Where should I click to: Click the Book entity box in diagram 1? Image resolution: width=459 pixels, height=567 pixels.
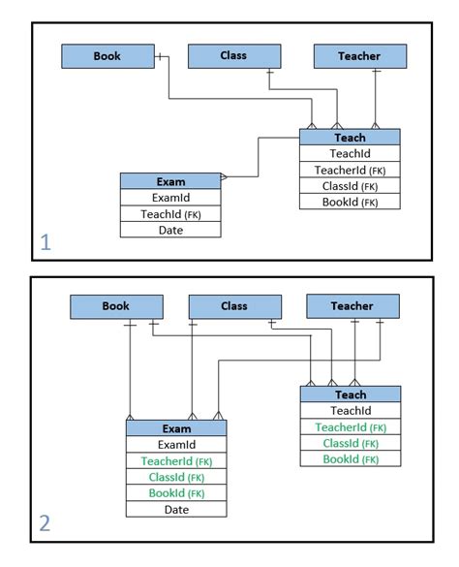tap(107, 56)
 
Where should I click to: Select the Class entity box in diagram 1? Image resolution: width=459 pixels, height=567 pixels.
tap(234, 56)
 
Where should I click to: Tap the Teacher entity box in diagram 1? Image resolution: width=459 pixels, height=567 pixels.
tap(359, 56)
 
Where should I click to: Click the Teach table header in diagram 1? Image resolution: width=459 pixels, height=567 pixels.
tap(350, 138)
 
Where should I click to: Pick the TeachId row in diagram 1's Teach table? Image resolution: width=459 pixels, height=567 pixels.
tap(350, 153)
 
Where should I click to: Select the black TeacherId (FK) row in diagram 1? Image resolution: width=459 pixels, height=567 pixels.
tap(350, 170)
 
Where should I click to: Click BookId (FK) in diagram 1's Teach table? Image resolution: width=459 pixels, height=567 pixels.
tap(350, 202)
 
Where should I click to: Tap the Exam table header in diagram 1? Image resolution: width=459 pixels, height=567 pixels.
tap(170, 181)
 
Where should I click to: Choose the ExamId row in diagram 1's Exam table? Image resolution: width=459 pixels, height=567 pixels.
tap(170, 198)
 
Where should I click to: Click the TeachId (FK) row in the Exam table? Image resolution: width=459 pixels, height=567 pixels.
tap(170, 214)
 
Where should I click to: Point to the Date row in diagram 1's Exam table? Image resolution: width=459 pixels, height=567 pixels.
tap(170, 230)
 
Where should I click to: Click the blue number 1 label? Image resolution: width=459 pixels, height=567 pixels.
tap(46, 242)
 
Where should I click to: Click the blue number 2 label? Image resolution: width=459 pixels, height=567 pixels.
tap(46, 524)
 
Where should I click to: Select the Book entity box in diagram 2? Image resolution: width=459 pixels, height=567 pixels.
tap(115, 306)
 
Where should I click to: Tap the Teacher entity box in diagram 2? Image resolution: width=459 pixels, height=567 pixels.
tap(352, 306)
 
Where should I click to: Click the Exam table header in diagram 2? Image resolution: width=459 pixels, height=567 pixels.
tap(176, 428)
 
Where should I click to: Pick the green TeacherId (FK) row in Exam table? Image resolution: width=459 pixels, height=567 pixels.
tap(176, 461)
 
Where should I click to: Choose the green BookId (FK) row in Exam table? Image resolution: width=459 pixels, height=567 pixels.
tap(176, 493)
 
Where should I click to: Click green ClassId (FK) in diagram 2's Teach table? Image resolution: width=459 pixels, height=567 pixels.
tap(351, 443)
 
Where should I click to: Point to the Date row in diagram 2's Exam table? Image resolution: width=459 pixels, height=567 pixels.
tap(176, 509)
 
